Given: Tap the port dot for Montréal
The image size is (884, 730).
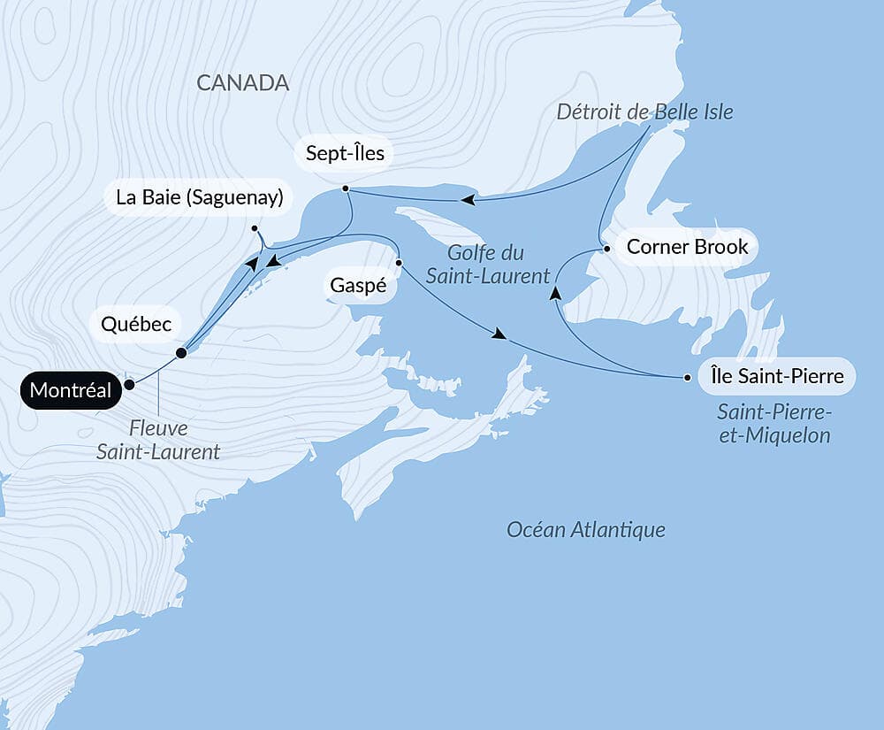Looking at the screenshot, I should click(x=129, y=384).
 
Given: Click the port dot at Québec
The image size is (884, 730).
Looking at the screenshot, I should click(x=181, y=353).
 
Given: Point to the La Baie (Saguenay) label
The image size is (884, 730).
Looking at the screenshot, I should click(x=199, y=197).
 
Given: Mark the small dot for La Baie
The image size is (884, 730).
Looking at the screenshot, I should click(x=254, y=229).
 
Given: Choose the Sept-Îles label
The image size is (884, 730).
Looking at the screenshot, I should click(x=345, y=154).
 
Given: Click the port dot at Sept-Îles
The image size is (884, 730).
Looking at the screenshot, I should click(x=345, y=188).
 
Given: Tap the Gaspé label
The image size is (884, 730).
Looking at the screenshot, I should click(x=358, y=286).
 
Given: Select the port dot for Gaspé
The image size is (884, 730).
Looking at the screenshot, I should click(x=400, y=263).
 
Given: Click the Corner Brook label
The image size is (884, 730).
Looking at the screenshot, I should click(x=687, y=247).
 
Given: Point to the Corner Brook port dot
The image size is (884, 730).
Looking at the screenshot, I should click(x=606, y=249).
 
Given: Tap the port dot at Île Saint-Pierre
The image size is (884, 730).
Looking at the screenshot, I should click(x=687, y=378).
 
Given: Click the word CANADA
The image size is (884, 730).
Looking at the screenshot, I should click(x=242, y=82).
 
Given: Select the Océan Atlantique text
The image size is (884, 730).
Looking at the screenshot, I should click(x=585, y=530).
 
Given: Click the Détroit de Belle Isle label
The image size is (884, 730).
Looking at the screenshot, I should click(x=644, y=112).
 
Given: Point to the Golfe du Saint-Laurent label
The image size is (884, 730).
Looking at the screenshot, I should click(x=487, y=264).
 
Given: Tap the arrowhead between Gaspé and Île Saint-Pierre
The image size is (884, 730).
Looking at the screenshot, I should click(x=500, y=334).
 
